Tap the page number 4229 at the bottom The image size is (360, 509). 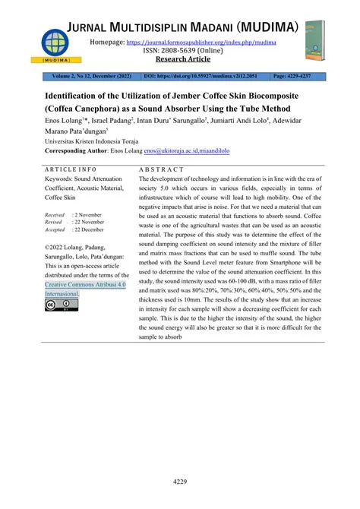(180, 482)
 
